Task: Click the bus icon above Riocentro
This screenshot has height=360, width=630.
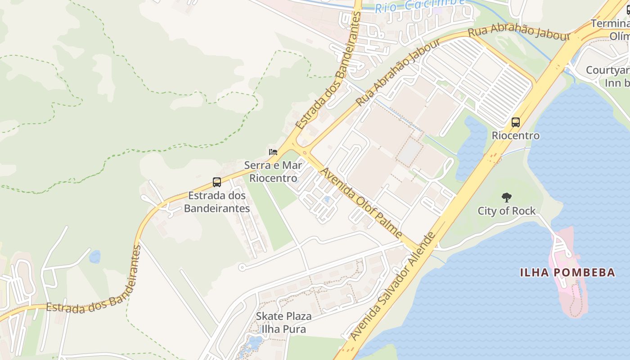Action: pyautogui.click(x=516, y=122)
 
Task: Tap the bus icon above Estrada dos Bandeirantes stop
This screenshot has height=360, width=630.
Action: pyautogui.click(x=217, y=182)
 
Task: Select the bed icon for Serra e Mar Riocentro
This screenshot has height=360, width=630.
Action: pyautogui.click(x=273, y=152)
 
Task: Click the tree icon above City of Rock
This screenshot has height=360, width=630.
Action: pyautogui.click(x=507, y=197)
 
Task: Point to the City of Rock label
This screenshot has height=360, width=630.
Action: pyautogui.click(x=507, y=211)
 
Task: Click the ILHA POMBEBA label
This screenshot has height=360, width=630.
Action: pyautogui.click(x=567, y=272)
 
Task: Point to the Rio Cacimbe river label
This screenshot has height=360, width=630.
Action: pyautogui.click(x=419, y=5)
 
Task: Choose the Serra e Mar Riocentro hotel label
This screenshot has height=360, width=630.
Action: pyautogui.click(x=273, y=171)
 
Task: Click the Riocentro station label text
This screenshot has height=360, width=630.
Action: pyautogui.click(x=516, y=135)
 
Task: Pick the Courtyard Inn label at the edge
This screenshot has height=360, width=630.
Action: pyautogui.click(x=607, y=76)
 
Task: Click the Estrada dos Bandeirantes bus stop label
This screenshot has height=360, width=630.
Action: pyautogui.click(x=217, y=202)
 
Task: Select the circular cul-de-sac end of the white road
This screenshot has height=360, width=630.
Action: pyautogui.click(x=242, y=267)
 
